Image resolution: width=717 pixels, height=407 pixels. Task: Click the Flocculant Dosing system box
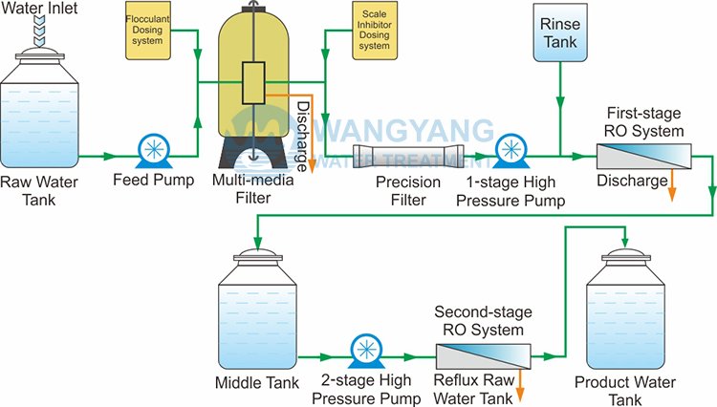click(x=147, y=31)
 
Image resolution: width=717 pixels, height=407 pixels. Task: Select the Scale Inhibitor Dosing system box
click(x=375, y=31)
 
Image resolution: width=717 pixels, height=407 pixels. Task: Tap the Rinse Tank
click(x=560, y=32)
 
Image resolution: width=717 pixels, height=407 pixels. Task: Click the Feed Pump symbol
click(x=154, y=151)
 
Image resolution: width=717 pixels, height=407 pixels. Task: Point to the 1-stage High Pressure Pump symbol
click(x=511, y=151)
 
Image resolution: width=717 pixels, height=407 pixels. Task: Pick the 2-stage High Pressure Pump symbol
click(x=367, y=351)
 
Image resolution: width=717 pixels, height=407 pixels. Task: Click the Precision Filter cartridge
click(x=408, y=157)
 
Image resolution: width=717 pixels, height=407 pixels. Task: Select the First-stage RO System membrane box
click(x=643, y=157)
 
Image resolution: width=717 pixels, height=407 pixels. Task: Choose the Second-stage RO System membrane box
click(x=484, y=356)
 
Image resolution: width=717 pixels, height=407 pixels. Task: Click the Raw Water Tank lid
click(x=40, y=54)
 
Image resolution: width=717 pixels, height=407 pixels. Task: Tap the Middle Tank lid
click(x=258, y=256)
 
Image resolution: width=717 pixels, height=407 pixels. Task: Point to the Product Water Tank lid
click(x=625, y=256)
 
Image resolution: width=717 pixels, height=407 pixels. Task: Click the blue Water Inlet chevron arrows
click(x=40, y=31)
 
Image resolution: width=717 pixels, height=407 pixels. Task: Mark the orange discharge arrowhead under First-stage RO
click(x=672, y=194)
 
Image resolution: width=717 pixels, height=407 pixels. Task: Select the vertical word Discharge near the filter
click(x=302, y=136)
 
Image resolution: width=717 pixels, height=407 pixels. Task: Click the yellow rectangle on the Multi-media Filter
click(x=253, y=83)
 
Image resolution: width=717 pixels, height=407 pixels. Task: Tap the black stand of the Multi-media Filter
click(x=253, y=152)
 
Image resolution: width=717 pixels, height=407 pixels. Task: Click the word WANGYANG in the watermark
click(x=402, y=132)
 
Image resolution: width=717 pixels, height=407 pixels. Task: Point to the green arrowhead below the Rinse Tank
click(x=560, y=103)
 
